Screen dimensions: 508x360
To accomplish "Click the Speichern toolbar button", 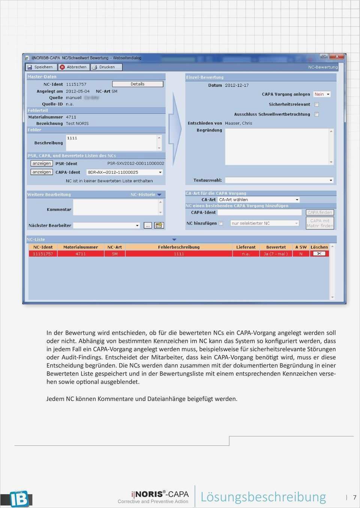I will (x=41, y=67).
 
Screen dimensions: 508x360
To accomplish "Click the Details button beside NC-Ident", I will (x=138, y=84).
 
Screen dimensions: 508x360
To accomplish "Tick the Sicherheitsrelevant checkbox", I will (x=316, y=105).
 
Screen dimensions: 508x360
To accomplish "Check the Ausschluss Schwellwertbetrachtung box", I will (x=316, y=114).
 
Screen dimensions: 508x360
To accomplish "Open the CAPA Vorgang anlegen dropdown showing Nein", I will (x=322, y=94).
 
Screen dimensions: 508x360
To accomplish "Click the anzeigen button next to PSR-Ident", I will (x=42, y=163).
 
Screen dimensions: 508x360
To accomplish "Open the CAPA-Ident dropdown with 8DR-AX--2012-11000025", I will (x=124, y=172).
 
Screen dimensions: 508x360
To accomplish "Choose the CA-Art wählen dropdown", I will (x=259, y=200).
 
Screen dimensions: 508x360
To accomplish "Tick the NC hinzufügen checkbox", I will (x=221, y=223).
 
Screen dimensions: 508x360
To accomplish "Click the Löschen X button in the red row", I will (x=319, y=254).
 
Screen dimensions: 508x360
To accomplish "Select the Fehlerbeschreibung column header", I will (x=178, y=247).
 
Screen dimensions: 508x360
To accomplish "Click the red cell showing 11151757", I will (x=43, y=254).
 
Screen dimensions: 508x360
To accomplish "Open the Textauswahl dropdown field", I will (x=279, y=180).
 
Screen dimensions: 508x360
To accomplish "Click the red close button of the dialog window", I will (x=337, y=57).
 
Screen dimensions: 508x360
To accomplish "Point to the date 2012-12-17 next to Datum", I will (x=237, y=85).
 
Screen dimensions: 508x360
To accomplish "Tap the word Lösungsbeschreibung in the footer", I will (x=263, y=497).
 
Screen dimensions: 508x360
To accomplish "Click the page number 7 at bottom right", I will (x=354, y=498).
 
